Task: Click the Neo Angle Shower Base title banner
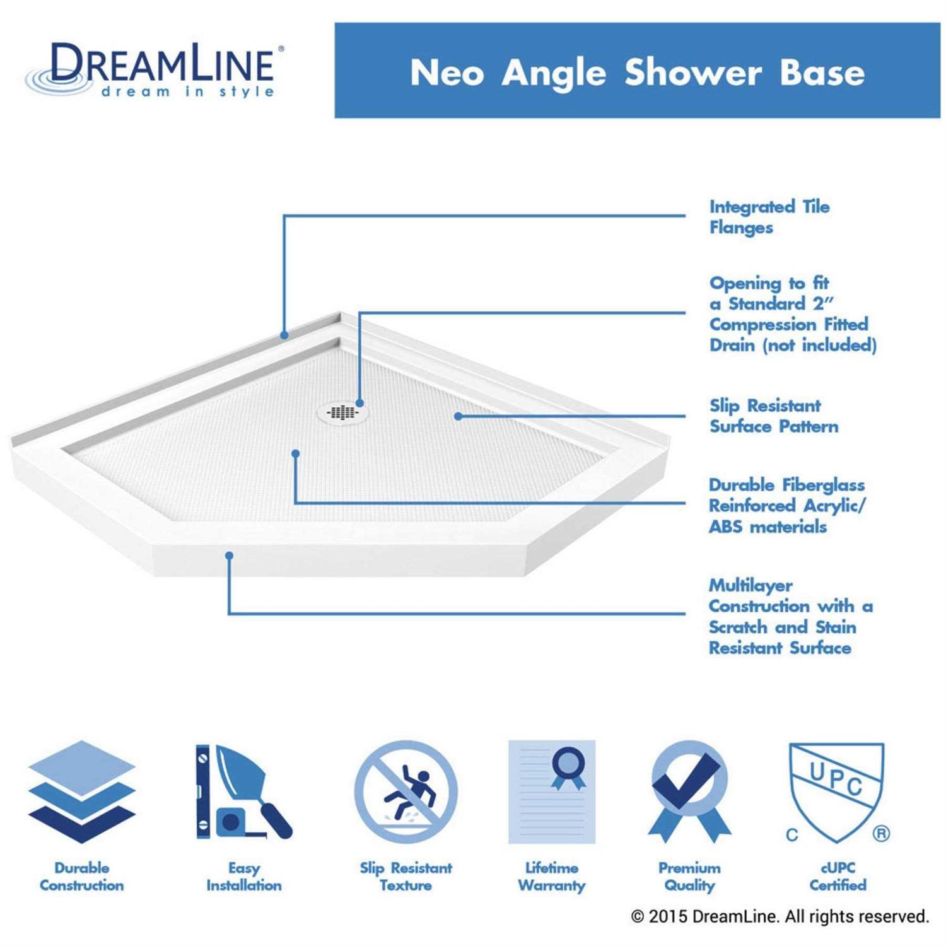[x=637, y=71]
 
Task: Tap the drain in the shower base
[x=342, y=412]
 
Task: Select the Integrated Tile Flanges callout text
[x=769, y=217]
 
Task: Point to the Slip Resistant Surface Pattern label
[x=774, y=416]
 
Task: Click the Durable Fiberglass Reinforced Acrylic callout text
[x=787, y=506]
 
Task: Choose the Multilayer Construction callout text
[x=791, y=616]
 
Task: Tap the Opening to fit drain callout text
[x=793, y=314]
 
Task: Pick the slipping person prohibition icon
[x=406, y=792]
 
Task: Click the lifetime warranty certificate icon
[x=552, y=792]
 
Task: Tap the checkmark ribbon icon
[x=689, y=792]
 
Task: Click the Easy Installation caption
[x=244, y=877]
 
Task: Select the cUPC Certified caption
[x=838, y=877]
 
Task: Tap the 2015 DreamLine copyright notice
[x=780, y=916]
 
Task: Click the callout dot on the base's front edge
[x=230, y=556]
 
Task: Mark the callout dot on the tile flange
[x=284, y=336]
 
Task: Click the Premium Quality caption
[x=689, y=877]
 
